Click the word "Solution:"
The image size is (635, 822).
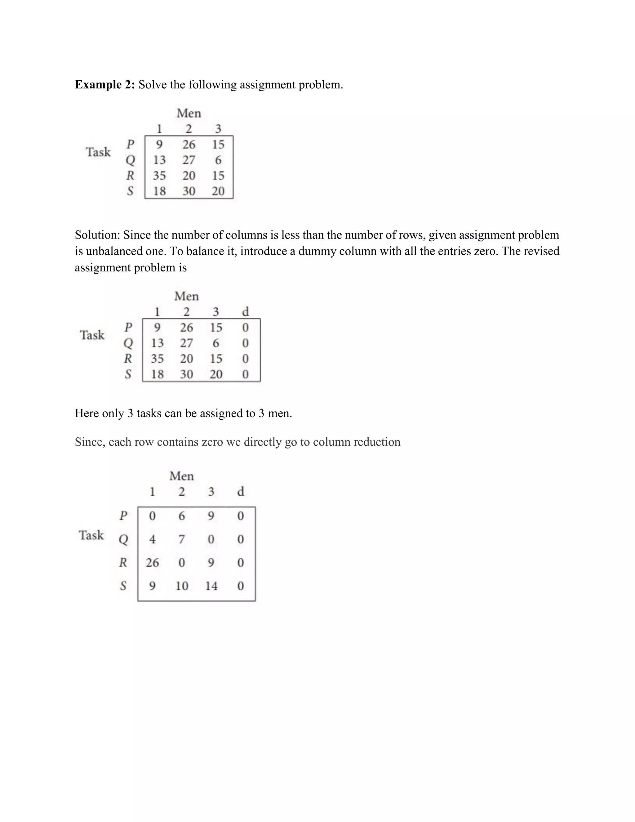97,235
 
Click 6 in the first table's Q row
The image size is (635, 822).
218,160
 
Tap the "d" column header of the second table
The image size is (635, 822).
245,312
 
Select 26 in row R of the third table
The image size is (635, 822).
152,563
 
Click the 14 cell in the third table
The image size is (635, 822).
211,586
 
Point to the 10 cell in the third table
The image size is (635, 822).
182,586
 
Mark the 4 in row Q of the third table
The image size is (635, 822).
152,539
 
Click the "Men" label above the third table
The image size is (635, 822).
182,476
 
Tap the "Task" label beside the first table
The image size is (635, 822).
98,152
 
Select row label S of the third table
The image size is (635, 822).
123,586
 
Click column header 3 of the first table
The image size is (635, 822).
218,129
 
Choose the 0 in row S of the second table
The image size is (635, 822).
245,374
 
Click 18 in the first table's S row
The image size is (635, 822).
159,191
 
